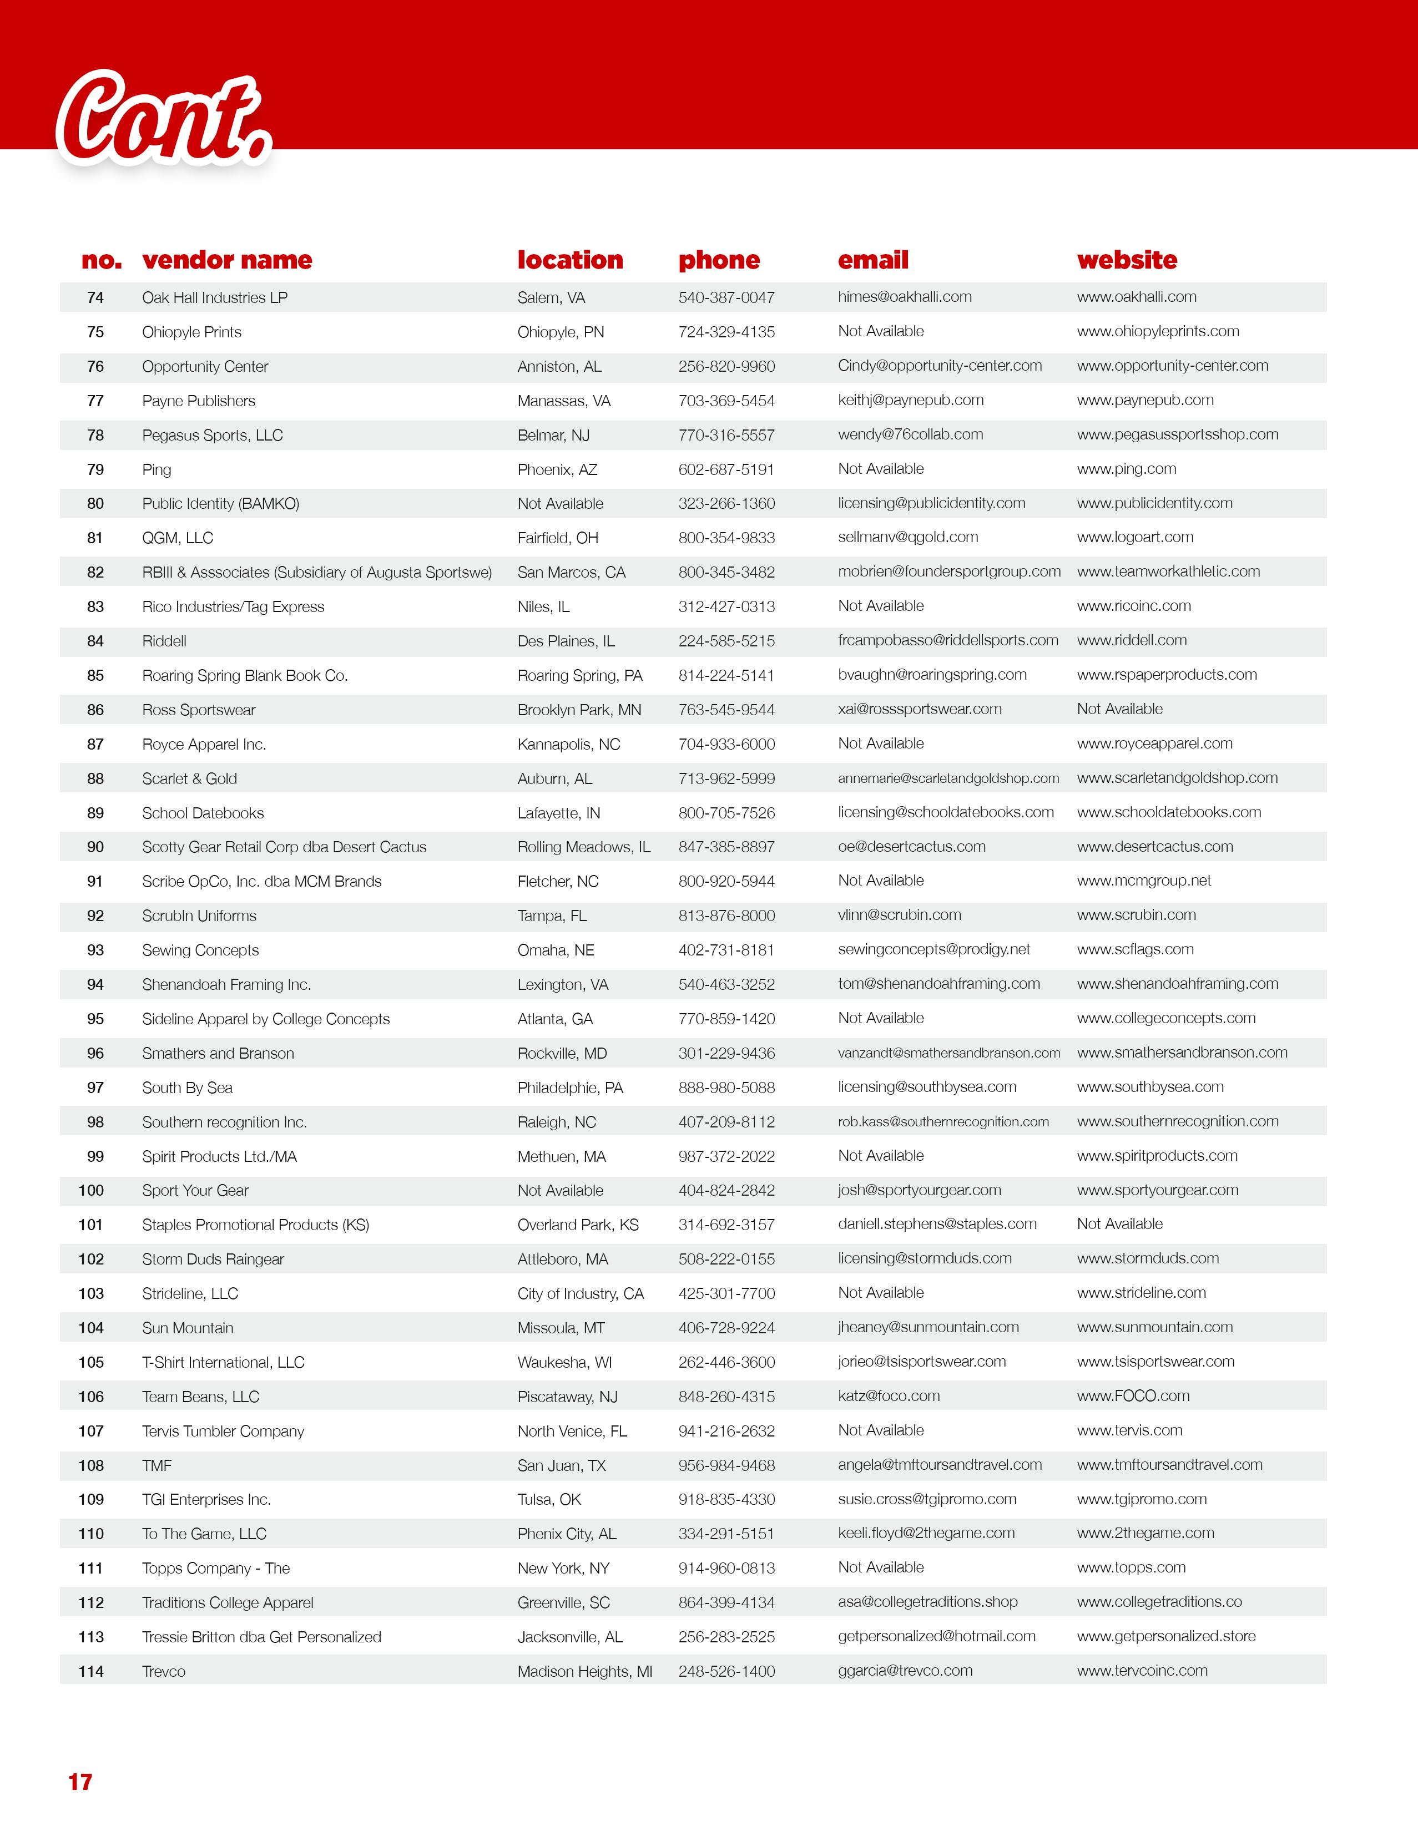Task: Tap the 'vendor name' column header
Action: [226, 260]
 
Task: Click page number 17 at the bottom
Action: [80, 1782]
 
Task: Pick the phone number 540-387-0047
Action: [726, 297]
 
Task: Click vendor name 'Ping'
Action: [157, 469]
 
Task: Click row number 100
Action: [92, 1191]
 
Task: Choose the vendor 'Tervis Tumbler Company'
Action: [223, 1431]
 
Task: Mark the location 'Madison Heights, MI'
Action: [584, 1672]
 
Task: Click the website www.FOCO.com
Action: [1133, 1396]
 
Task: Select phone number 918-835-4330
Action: [726, 1499]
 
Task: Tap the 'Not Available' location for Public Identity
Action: [560, 504]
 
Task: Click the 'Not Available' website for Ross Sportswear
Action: [1119, 709]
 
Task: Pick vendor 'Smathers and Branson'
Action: [218, 1053]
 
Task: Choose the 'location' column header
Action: [570, 260]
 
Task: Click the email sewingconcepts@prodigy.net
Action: [933, 950]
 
